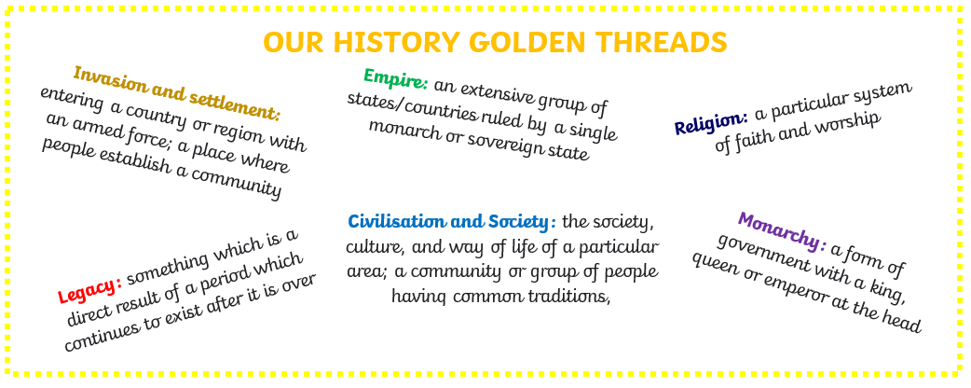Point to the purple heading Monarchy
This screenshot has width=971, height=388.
click(x=783, y=229)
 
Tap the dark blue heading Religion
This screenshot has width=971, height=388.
click(x=711, y=123)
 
